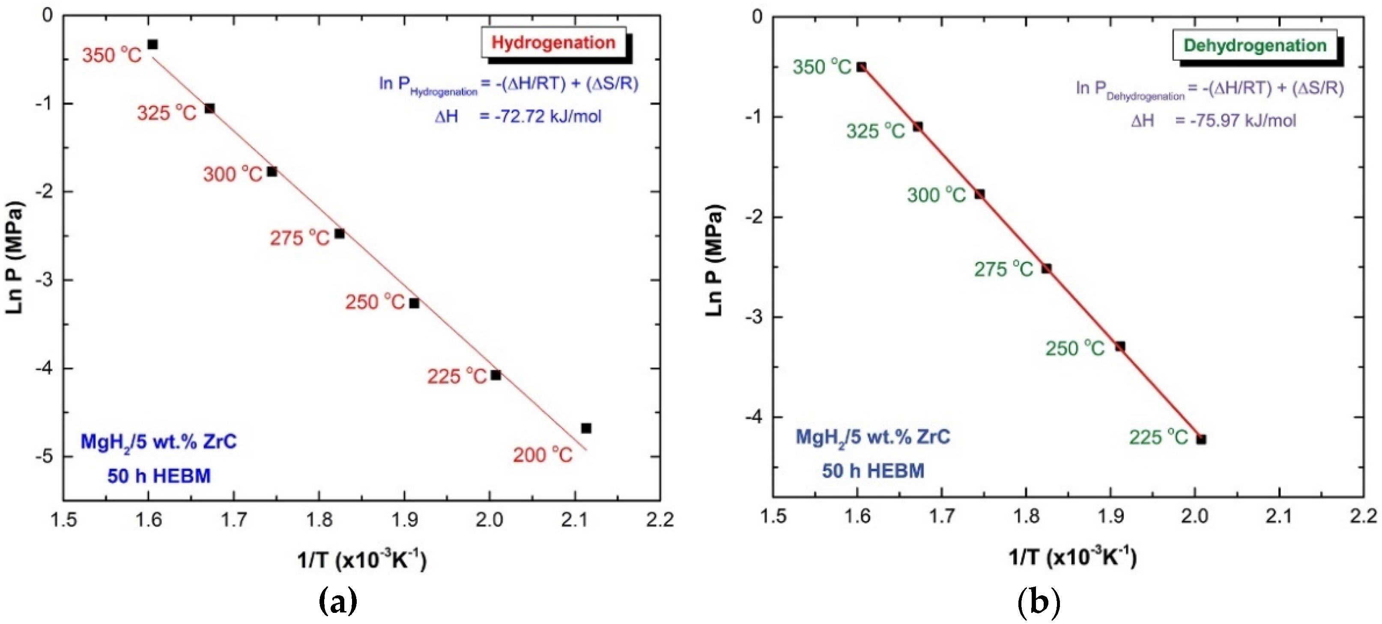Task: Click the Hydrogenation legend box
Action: [x=554, y=42]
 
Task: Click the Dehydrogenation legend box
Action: [x=1255, y=45]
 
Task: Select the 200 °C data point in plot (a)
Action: [x=586, y=428]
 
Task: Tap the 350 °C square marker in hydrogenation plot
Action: [x=152, y=45]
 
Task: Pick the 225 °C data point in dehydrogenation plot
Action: [x=1201, y=440]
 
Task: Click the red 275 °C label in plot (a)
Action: [x=299, y=238]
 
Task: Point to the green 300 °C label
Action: [x=936, y=195]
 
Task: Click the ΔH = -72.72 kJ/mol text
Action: [x=518, y=116]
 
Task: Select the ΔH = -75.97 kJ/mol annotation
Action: [x=1214, y=121]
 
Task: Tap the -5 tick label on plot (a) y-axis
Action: [x=44, y=456]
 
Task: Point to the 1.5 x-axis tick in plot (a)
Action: [x=63, y=520]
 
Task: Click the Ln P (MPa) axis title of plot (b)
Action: [x=714, y=261]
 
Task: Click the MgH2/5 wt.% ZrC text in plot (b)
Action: [x=872, y=437]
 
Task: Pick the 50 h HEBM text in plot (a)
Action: [x=159, y=476]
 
